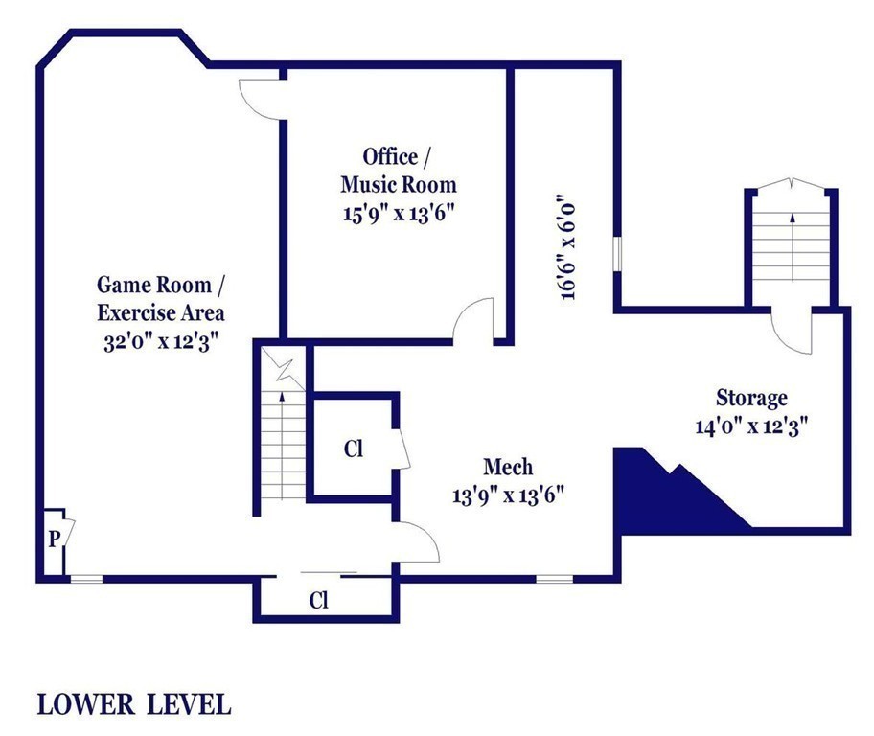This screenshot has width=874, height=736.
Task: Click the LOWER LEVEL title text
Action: click(x=134, y=704)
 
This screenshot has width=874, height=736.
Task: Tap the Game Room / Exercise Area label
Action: click(x=161, y=298)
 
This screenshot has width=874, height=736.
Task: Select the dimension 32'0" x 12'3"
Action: click(x=161, y=340)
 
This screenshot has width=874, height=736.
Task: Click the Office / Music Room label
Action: click(x=398, y=171)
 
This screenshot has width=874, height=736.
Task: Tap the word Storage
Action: click(x=752, y=398)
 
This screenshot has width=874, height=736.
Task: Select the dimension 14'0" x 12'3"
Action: click(x=752, y=426)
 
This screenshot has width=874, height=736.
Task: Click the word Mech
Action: click(x=508, y=467)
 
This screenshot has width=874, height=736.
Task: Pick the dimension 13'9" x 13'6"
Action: click(x=508, y=494)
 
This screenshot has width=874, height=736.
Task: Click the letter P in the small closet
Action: click(x=54, y=540)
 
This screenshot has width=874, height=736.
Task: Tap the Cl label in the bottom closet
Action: click(x=319, y=601)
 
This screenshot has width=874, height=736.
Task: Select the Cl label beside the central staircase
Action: click(x=354, y=448)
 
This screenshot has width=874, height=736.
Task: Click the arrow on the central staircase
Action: click(x=282, y=445)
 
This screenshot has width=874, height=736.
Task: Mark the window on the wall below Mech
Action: click(x=555, y=580)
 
